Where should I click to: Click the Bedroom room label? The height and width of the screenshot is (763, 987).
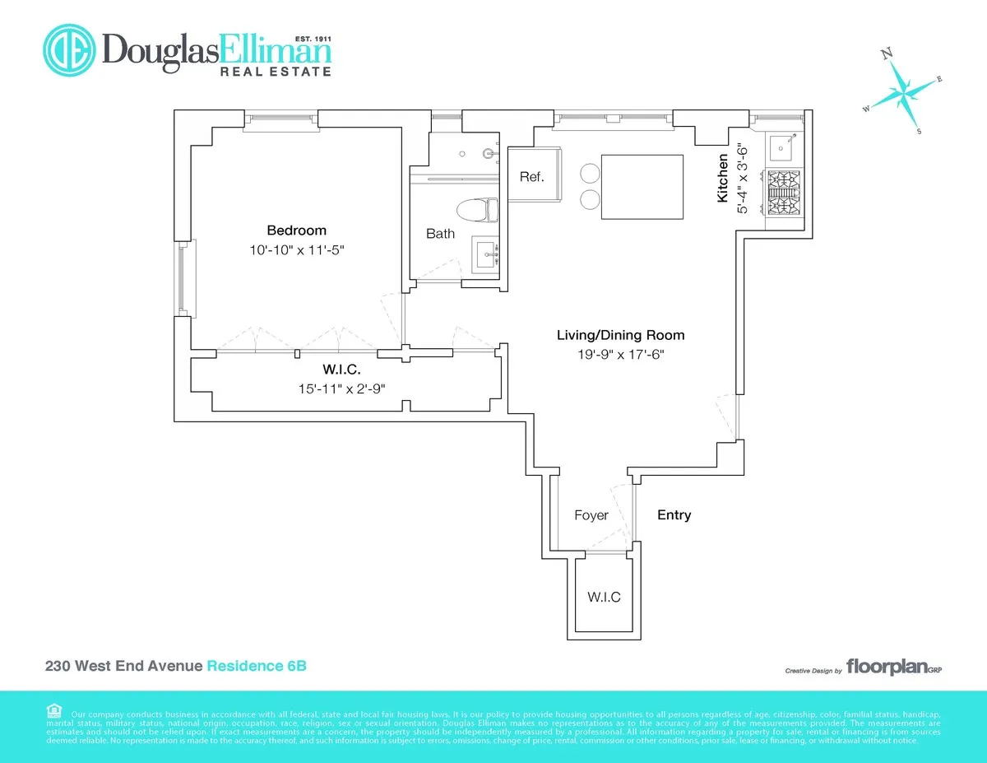pyautogui.click(x=296, y=230)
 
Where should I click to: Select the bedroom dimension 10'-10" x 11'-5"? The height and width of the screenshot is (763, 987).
pyautogui.click(x=296, y=249)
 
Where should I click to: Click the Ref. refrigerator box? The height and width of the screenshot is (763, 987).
pyautogui.click(x=531, y=176)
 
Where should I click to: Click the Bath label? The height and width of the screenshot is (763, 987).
pyautogui.click(x=440, y=234)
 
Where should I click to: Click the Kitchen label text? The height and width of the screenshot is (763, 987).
pyautogui.click(x=722, y=179)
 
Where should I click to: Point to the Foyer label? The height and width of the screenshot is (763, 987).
pyautogui.click(x=591, y=515)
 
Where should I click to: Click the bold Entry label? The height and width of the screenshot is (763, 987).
pyautogui.click(x=674, y=515)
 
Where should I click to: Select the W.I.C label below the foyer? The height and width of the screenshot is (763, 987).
pyautogui.click(x=603, y=597)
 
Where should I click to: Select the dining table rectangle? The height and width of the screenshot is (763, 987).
pyautogui.click(x=642, y=187)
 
